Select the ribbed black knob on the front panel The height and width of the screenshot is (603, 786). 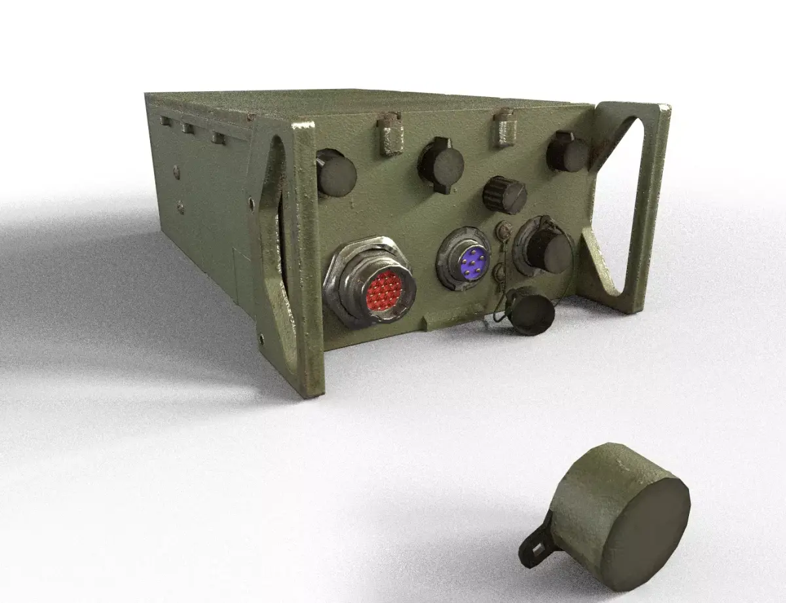click(x=505, y=195)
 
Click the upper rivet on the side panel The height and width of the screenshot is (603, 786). click(x=176, y=172)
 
